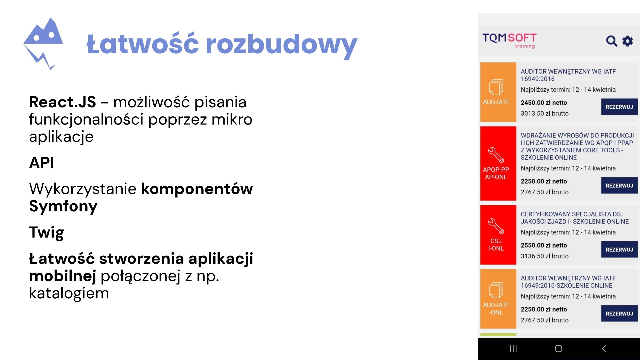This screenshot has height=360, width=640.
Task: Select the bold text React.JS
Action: (62, 102)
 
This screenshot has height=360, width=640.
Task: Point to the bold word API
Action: (41, 163)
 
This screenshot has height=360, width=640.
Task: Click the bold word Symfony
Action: (63, 206)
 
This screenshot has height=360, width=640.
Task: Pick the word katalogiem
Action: (69, 293)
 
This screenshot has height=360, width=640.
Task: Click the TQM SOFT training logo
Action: (509, 40)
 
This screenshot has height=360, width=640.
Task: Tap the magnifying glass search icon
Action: (611, 41)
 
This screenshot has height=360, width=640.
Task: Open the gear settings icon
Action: (628, 41)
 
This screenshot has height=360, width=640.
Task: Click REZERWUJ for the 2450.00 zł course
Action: (619, 107)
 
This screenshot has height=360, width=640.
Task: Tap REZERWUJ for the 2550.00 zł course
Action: (619, 249)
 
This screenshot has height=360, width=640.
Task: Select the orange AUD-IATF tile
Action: (498, 92)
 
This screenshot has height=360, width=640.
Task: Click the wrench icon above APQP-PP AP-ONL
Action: (496, 155)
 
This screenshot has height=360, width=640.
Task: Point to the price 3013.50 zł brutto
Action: (545, 113)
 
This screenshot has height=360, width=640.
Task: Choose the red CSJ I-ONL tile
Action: (498, 235)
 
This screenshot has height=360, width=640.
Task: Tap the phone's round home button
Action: (559, 349)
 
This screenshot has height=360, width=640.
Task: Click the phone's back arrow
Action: (604, 349)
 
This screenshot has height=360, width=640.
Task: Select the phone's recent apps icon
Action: (513, 349)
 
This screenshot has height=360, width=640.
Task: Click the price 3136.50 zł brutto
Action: (545, 256)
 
